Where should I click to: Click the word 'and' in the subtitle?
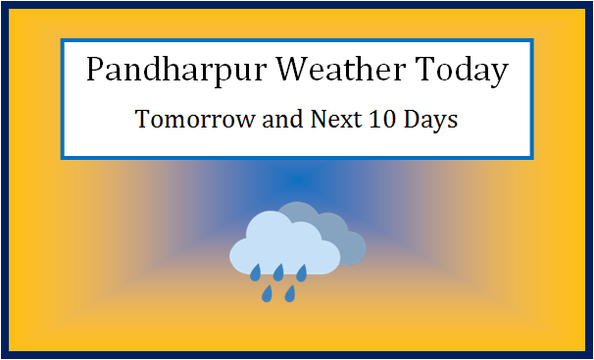click(265, 122)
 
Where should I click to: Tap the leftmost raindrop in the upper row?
click(256, 271)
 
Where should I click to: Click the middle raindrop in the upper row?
click(279, 271)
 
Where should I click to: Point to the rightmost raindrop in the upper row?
click(302, 271)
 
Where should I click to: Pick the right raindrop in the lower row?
click(290, 292)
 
